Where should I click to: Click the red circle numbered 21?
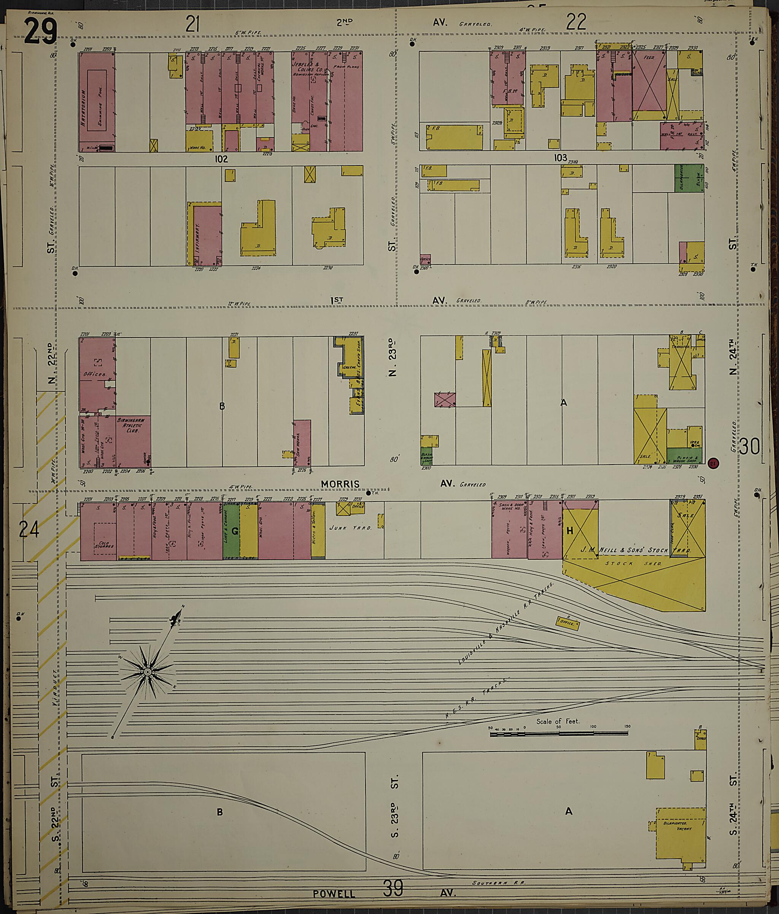click(x=713, y=463)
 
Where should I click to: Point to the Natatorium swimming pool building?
click(x=97, y=102)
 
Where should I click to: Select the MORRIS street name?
click(x=340, y=484)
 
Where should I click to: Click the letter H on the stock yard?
click(x=569, y=531)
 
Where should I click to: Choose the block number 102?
click(x=221, y=159)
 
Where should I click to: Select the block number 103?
click(x=560, y=158)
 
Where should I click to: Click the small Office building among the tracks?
click(x=568, y=623)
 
